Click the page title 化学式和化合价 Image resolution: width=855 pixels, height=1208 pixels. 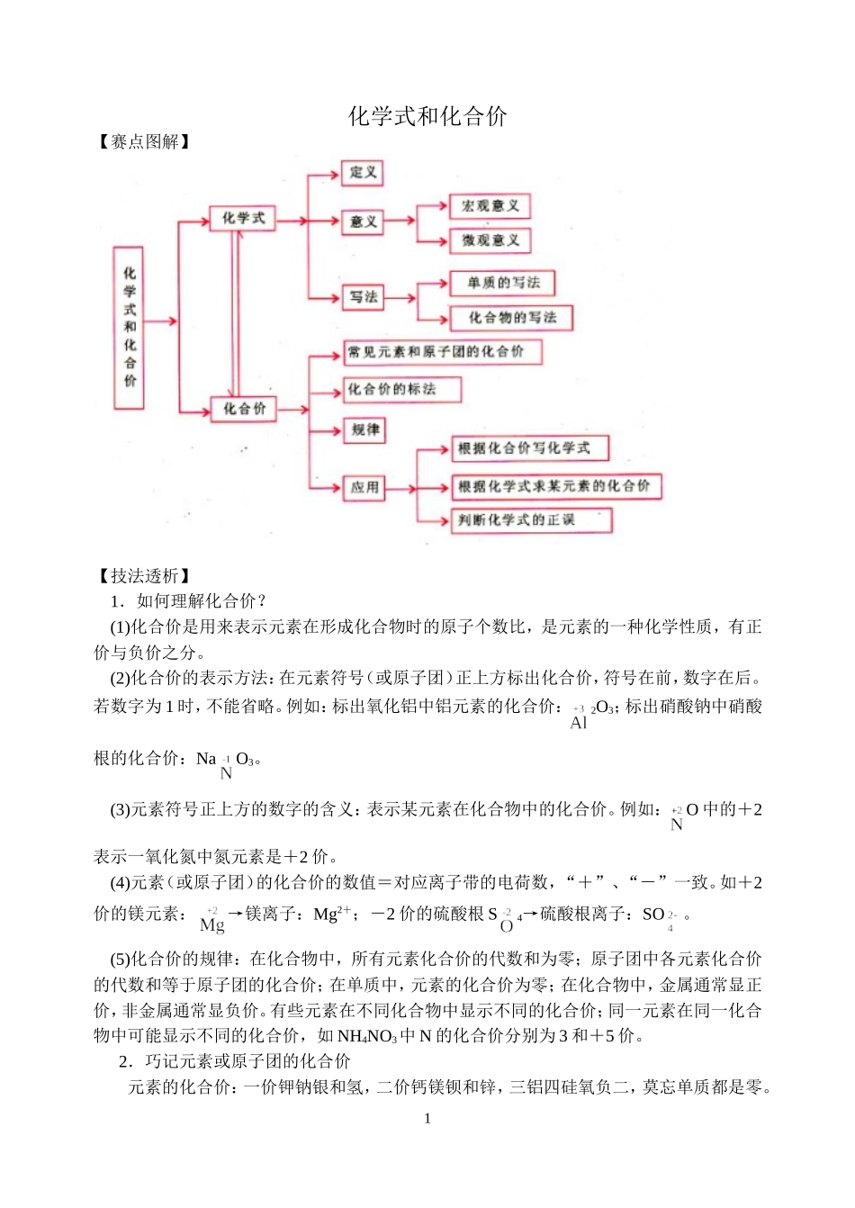427,116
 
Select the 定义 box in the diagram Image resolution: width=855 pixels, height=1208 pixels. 363,173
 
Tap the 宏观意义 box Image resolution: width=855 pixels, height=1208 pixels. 490,206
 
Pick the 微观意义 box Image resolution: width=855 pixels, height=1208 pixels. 490,240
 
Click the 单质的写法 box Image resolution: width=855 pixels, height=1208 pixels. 502,284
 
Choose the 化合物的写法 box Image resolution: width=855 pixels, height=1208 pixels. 511,318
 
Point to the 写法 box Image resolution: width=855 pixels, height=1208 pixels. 364,297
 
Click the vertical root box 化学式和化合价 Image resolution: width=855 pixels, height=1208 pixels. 130,327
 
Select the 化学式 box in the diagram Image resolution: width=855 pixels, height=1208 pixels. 243,219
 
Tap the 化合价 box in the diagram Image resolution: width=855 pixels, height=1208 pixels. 244,409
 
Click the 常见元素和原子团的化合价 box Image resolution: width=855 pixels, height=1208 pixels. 442,352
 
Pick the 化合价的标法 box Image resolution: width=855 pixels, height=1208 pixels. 401,390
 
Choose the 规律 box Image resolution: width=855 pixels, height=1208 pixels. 364,430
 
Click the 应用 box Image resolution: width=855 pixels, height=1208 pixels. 364,487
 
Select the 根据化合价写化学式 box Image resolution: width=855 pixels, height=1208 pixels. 530,448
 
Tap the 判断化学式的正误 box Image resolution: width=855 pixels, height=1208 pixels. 531,520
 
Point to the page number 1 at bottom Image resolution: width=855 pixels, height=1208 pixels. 427,1119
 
